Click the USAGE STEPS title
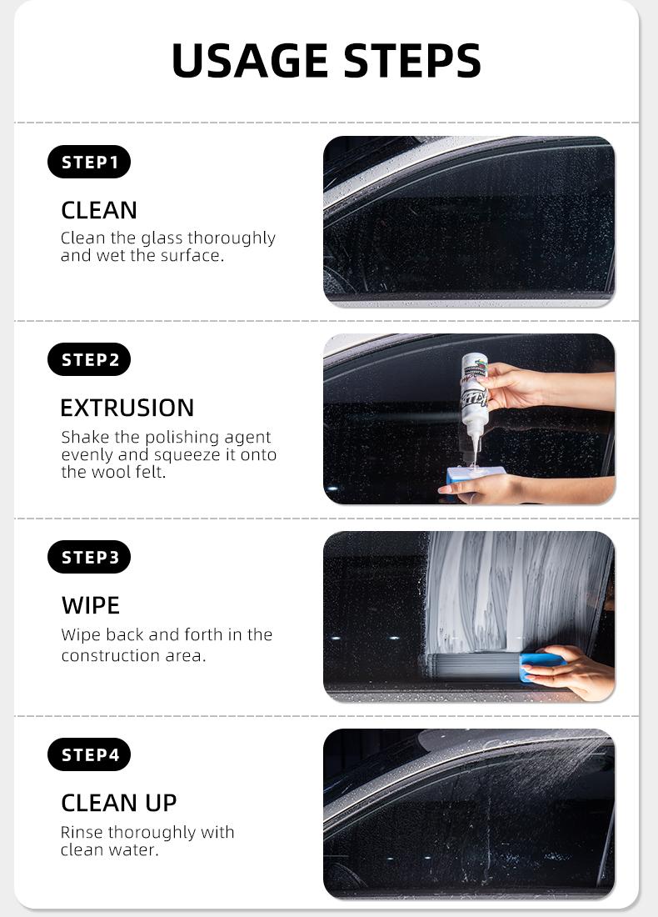[x=326, y=61]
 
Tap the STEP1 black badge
[x=89, y=162]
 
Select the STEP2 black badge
[x=89, y=359]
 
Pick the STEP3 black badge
[x=89, y=558]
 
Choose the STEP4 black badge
[x=89, y=755]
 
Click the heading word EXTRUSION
[x=127, y=408]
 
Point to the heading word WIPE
[x=91, y=606]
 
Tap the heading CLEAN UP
[x=118, y=804]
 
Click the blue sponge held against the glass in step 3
[x=541, y=666]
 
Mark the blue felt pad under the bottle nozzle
[x=475, y=474]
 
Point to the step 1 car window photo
[x=469, y=222]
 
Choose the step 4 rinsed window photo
[x=469, y=814]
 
